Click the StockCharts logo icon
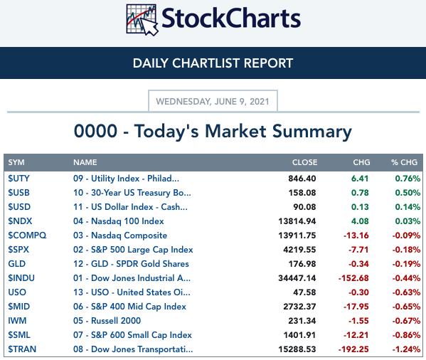(142, 19)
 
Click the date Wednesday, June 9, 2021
(213, 102)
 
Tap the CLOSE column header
(304, 162)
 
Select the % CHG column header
(404, 162)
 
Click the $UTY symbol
(18, 179)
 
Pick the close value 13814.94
(297, 221)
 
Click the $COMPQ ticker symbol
(27, 235)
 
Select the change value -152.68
(353, 278)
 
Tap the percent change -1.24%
(406, 349)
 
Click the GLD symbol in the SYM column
(17, 264)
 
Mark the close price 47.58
(304, 292)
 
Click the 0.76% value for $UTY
(408, 179)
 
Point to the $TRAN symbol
(22, 349)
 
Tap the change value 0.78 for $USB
(360, 193)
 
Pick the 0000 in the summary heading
(95, 131)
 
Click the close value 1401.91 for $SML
(299, 335)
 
